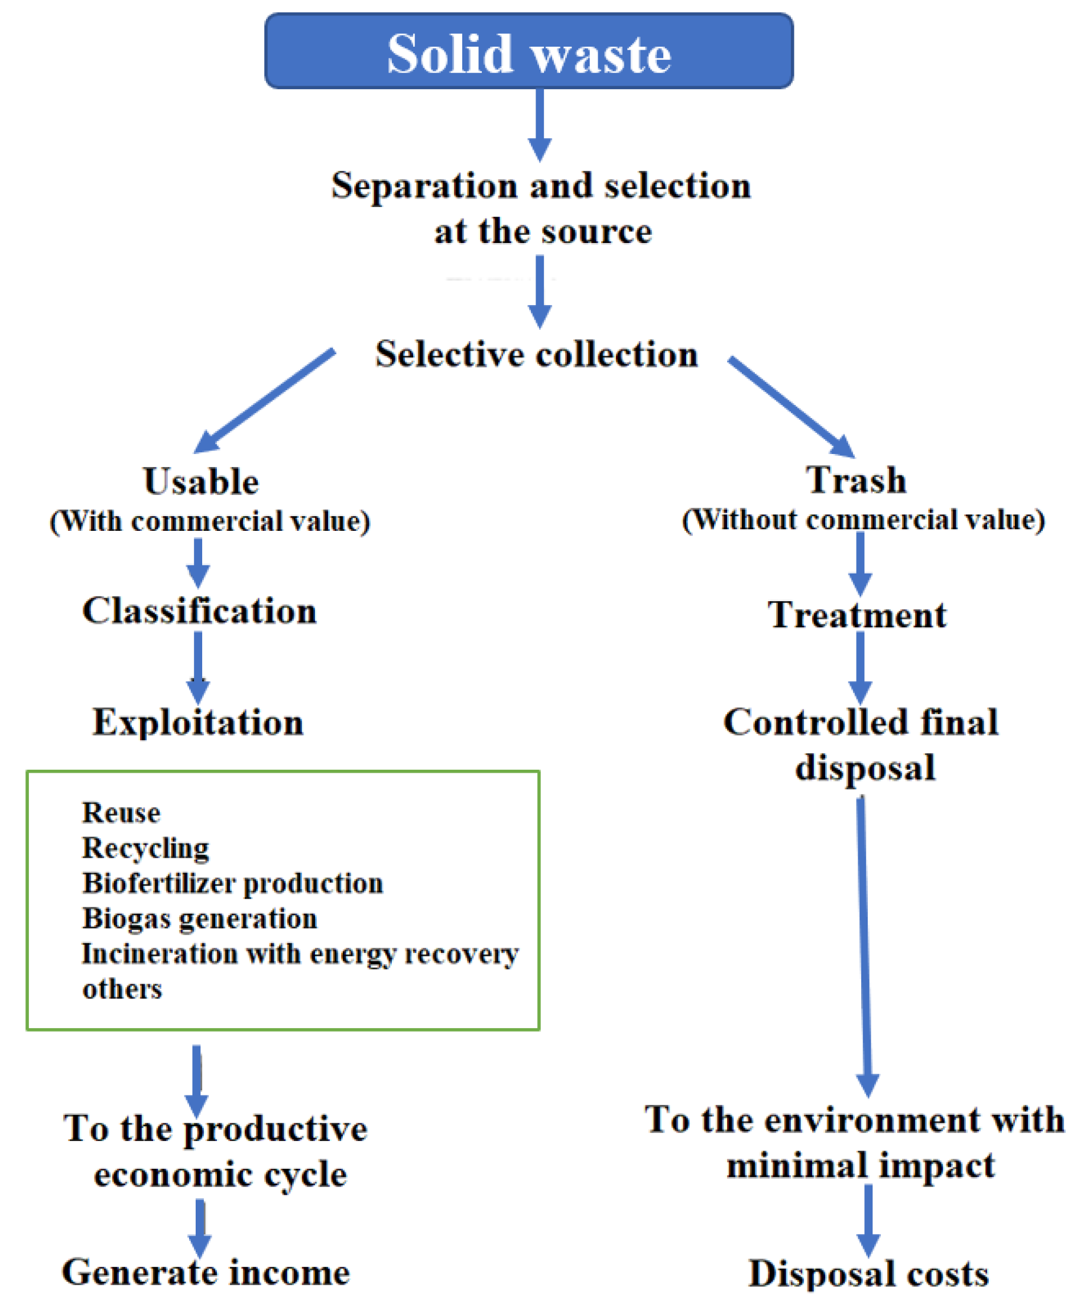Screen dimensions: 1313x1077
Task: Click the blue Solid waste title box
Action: pyautogui.click(x=528, y=51)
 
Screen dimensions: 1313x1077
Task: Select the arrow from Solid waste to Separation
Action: pyautogui.click(x=540, y=124)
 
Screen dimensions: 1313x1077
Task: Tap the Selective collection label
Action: pyautogui.click(x=537, y=354)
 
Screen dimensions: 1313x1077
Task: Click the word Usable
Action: pyautogui.click(x=201, y=482)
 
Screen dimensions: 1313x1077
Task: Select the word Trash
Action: pyautogui.click(x=856, y=480)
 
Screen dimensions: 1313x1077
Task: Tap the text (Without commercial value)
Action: pyautogui.click(x=863, y=520)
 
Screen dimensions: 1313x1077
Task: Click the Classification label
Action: pyautogui.click(x=199, y=611)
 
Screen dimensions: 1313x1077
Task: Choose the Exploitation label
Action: pyautogui.click(x=198, y=722)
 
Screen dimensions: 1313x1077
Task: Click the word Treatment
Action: pyautogui.click(x=857, y=615)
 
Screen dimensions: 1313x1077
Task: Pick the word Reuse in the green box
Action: pyautogui.click(x=122, y=813)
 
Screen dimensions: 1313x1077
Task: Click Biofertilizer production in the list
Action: pyautogui.click(x=233, y=884)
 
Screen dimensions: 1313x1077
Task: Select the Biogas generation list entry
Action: pyautogui.click(x=199, y=919)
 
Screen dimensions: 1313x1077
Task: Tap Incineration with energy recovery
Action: pyautogui.click(x=300, y=954)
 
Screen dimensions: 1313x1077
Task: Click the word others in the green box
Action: pyautogui.click(x=122, y=989)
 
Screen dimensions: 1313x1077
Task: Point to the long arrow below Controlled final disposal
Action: pyautogui.click(x=864, y=943)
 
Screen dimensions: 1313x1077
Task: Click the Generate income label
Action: pyautogui.click(x=205, y=1273)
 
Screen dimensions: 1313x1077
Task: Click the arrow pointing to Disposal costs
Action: pyautogui.click(x=868, y=1220)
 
